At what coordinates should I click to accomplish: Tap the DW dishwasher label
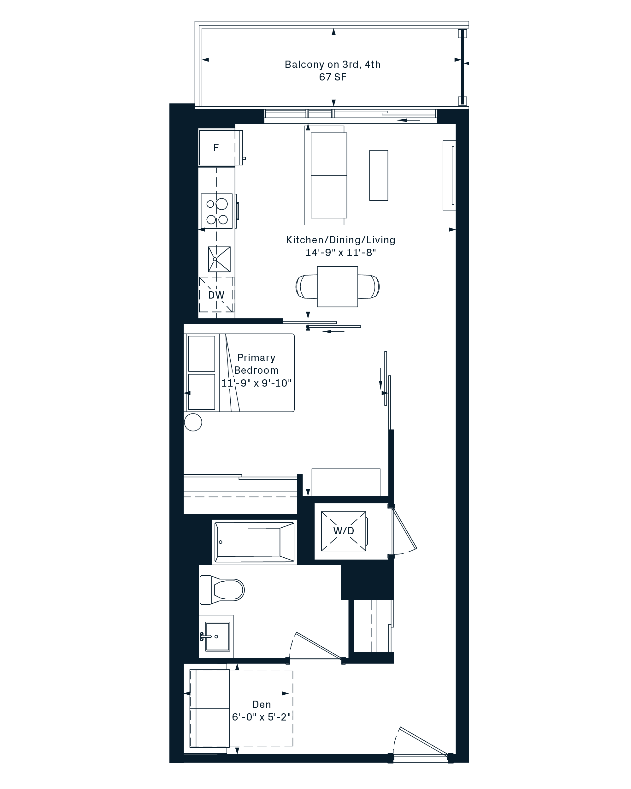(216, 295)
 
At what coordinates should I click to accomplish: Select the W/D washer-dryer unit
(344, 531)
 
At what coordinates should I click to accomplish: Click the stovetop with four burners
(216, 211)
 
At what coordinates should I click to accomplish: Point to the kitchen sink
(219, 259)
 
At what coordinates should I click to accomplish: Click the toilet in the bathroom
(222, 590)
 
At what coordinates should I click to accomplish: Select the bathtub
(255, 542)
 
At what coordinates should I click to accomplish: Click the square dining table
(337, 287)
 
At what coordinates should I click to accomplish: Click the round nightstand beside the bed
(193, 422)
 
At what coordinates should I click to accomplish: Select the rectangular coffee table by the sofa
(379, 175)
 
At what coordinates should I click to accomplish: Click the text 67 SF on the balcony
(333, 77)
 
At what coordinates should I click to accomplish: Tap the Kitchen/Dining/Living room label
(340, 240)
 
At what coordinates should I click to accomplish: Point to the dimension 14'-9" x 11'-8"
(340, 252)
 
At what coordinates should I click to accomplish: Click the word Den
(262, 704)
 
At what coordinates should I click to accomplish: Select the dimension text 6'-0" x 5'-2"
(262, 717)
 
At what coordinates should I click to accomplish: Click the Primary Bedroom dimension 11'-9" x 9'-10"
(256, 383)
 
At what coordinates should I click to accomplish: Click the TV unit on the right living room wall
(449, 175)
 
